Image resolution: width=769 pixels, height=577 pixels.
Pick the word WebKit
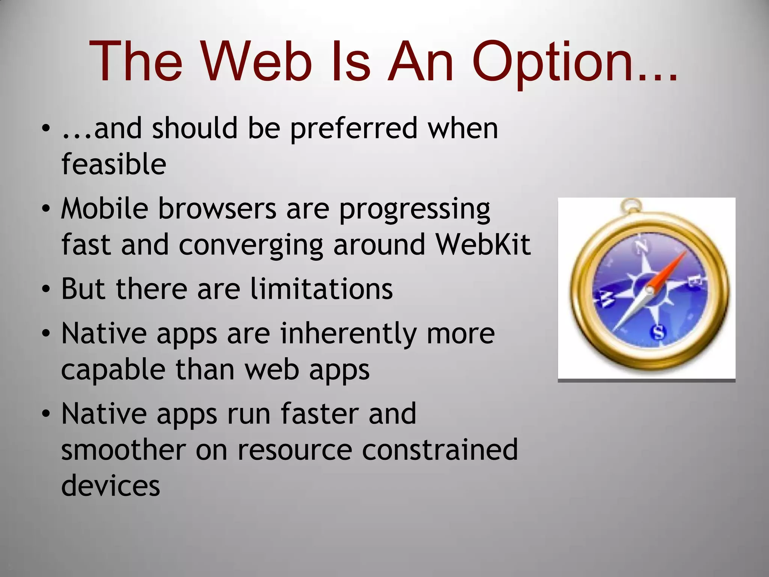click(x=483, y=245)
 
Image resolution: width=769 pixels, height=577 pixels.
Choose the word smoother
click(x=123, y=450)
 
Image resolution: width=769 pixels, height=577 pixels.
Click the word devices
click(x=110, y=486)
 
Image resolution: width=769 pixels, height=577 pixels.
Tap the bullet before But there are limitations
click(x=46, y=290)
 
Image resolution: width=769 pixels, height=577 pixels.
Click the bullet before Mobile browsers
click(x=46, y=208)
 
